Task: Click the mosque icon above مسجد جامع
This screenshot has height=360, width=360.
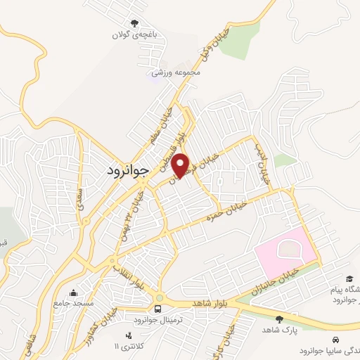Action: click(74, 292)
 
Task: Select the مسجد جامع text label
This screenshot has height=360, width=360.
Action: click(74, 303)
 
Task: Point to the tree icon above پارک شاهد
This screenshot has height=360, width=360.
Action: click(279, 319)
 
